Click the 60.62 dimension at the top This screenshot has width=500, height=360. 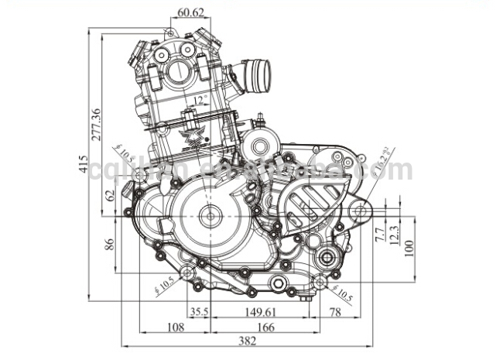pos(190,12)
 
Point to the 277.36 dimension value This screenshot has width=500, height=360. pos(96,125)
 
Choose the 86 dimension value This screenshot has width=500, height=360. pos(109,245)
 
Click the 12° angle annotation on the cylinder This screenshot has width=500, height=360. pos(199,101)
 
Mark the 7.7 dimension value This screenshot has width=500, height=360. pos(378,232)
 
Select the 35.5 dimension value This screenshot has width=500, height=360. pos(200,312)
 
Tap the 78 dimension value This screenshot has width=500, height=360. pos(335,312)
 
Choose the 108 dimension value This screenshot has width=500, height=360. pos(176,327)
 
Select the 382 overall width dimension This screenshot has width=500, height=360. pos(248,341)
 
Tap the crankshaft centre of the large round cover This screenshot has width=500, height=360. pos(208,217)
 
